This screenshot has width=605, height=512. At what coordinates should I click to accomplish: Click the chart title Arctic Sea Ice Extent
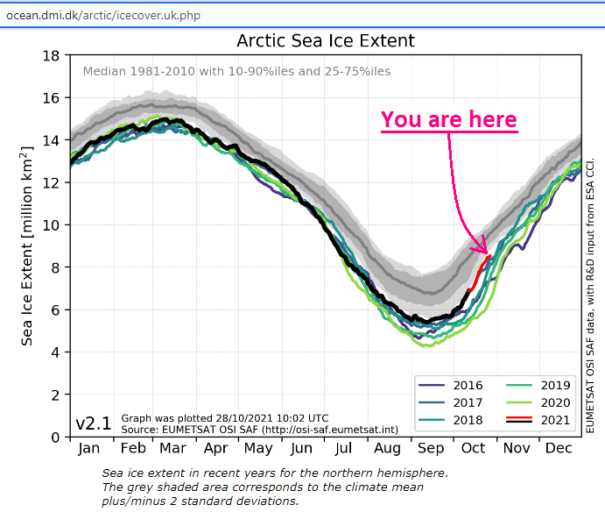pos(326,41)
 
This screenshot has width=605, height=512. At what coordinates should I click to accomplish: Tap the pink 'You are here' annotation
pos(448,119)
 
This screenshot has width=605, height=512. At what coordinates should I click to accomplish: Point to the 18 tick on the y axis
pos(52,56)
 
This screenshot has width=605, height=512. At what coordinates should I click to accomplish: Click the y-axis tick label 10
pos(52,225)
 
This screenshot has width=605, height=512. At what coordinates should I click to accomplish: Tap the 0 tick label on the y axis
pos(56,437)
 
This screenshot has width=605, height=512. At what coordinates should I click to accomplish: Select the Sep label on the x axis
pos(430,449)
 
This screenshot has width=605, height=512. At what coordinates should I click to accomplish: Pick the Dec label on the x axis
pos(558,449)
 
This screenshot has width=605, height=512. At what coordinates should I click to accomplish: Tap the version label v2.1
pos(93,423)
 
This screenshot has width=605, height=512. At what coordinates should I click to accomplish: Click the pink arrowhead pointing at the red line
pos(483,248)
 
